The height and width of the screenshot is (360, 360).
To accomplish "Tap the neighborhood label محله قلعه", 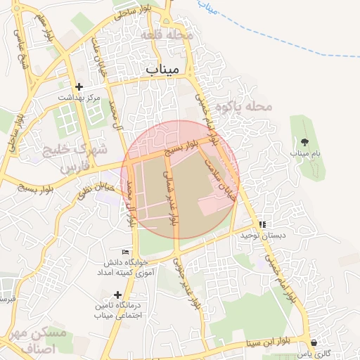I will coord(166,34).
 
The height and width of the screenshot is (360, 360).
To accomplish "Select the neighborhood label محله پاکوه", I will coord(243,106).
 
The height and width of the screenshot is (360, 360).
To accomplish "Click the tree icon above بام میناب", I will coord(304,142).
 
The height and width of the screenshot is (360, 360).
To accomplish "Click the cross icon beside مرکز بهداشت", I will coord(79,86).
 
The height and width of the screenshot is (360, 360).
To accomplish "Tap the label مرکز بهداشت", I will coord(79,98).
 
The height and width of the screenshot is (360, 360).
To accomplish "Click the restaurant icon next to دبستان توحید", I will coord(262,224).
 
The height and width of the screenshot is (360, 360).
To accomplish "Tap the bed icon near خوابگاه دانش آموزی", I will coord(126,252).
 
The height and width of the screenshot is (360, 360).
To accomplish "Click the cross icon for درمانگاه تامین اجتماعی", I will coord(117,295).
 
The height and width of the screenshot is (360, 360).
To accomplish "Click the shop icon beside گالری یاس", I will coord(313,343).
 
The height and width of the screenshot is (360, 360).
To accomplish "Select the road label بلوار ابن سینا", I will coord(268,342).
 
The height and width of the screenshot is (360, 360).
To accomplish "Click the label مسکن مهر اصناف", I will coord(43,340).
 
